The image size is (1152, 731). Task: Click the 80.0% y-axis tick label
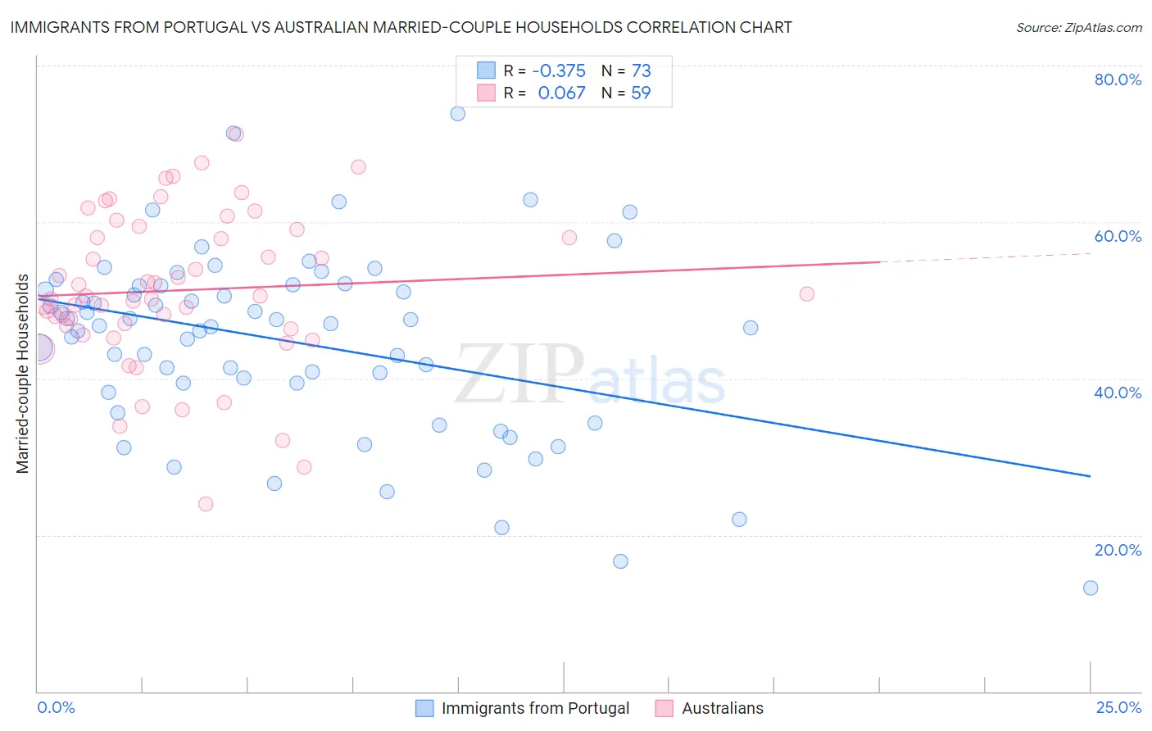(1118, 79)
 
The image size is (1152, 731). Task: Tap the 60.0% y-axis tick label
(1118, 236)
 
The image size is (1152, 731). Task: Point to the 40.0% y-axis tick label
(1118, 393)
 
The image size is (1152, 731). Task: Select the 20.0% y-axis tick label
(1118, 550)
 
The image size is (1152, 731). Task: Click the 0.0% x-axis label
(56, 707)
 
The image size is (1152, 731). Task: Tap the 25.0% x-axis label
(1118, 707)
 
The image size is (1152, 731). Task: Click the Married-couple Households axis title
(23, 374)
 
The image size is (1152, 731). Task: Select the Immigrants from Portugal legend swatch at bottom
(424, 708)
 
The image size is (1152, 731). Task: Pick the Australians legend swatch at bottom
(664, 708)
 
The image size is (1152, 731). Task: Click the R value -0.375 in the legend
(559, 71)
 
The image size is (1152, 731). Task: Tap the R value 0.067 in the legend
(561, 93)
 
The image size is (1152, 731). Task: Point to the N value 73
(641, 71)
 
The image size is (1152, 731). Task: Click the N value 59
(641, 93)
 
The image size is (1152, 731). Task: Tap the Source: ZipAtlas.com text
(1078, 28)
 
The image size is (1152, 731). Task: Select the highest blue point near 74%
(458, 114)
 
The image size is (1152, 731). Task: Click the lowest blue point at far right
(1091, 588)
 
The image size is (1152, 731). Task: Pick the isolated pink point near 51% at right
(807, 294)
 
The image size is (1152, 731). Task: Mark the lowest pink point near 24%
(206, 504)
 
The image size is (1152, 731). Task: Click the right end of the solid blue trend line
(1091, 476)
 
